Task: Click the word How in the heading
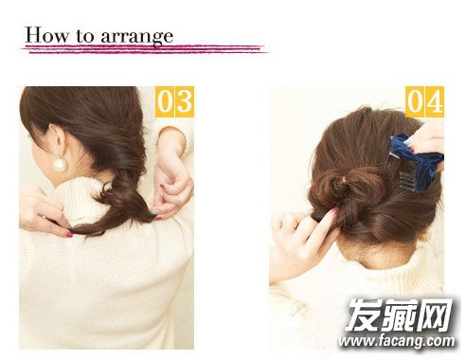pyautogui.click(x=46, y=35)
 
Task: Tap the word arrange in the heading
pyautogui.click(x=137, y=37)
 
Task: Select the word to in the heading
pyautogui.click(x=84, y=36)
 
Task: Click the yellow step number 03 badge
pyautogui.click(x=174, y=101)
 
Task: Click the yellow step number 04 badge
pyautogui.click(x=424, y=101)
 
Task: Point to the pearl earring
pyautogui.click(x=60, y=165)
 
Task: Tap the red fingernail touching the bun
pyautogui.click(x=334, y=210)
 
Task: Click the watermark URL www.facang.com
pyautogui.click(x=397, y=341)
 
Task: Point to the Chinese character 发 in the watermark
pyautogui.click(x=363, y=315)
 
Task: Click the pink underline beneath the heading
pyautogui.click(x=144, y=49)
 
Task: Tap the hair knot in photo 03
pyautogui.click(x=121, y=197)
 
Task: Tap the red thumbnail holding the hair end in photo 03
pyautogui.click(x=69, y=234)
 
